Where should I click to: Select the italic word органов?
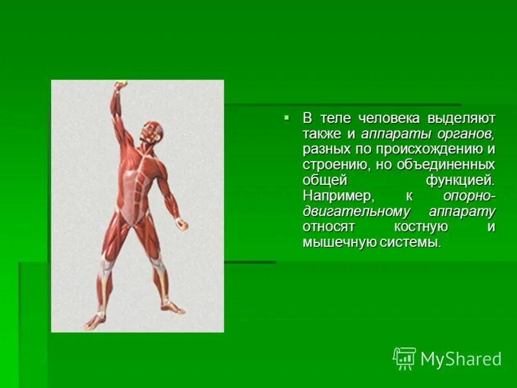click(465, 134)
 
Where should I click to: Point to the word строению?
click(333, 165)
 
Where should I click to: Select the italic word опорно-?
click(469, 196)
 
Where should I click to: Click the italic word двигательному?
click(356, 211)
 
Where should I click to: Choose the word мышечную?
click(335, 242)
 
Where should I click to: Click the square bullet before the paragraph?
click(286, 117)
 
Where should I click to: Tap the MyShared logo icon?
click(405, 358)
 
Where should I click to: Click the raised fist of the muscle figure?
click(120, 86)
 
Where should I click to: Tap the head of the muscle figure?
click(149, 135)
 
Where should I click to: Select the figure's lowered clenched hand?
click(182, 225)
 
